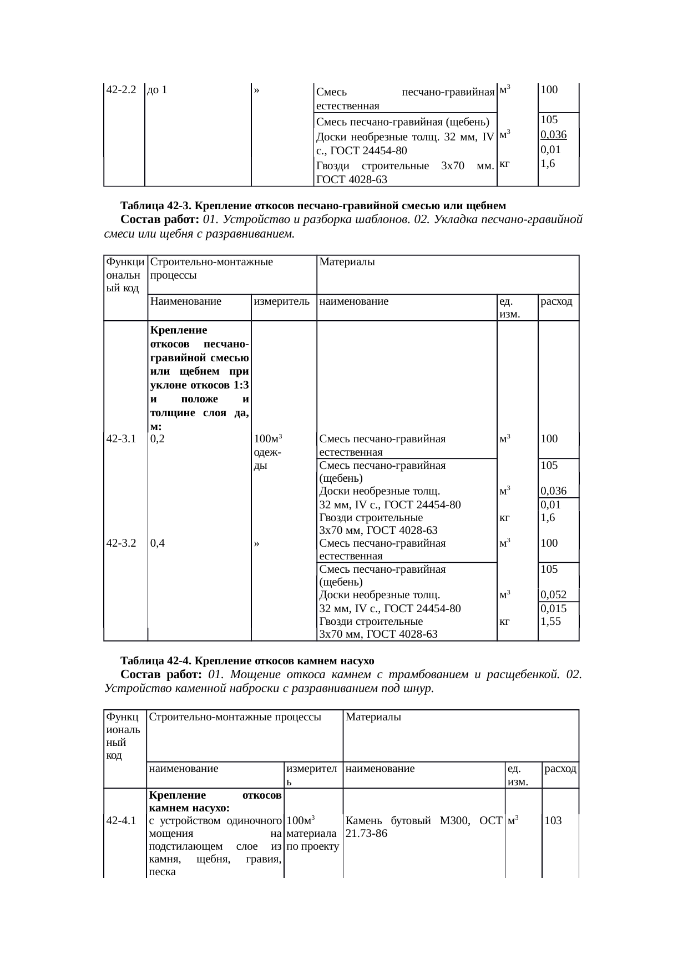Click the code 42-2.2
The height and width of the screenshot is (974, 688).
(x=121, y=89)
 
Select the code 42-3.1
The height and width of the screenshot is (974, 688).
(x=121, y=438)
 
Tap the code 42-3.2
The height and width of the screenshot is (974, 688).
(x=121, y=543)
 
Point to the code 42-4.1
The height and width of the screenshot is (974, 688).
(x=121, y=820)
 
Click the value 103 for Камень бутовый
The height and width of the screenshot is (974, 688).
(x=553, y=820)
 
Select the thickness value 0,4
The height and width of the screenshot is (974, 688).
(x=157, y=543)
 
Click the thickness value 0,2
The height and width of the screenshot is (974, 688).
(x=157, y=438)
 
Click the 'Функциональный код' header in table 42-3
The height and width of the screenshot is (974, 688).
(x=125, y=274)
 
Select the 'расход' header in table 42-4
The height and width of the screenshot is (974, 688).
(x=560, y=769)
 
